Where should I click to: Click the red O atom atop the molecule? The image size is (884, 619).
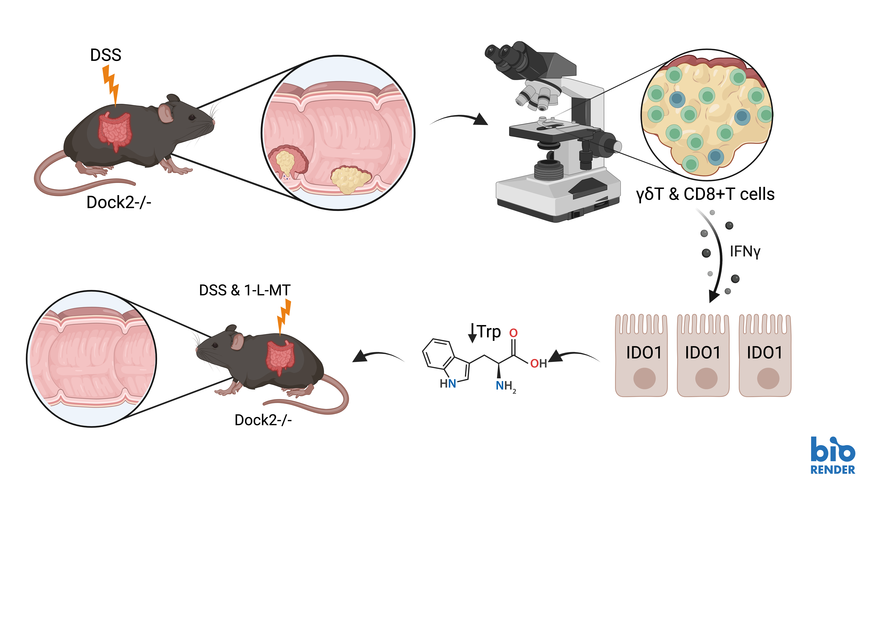coord(513,333)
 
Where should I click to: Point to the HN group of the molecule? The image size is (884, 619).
coord(448,384)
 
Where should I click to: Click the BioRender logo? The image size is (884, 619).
coord(832,456)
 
